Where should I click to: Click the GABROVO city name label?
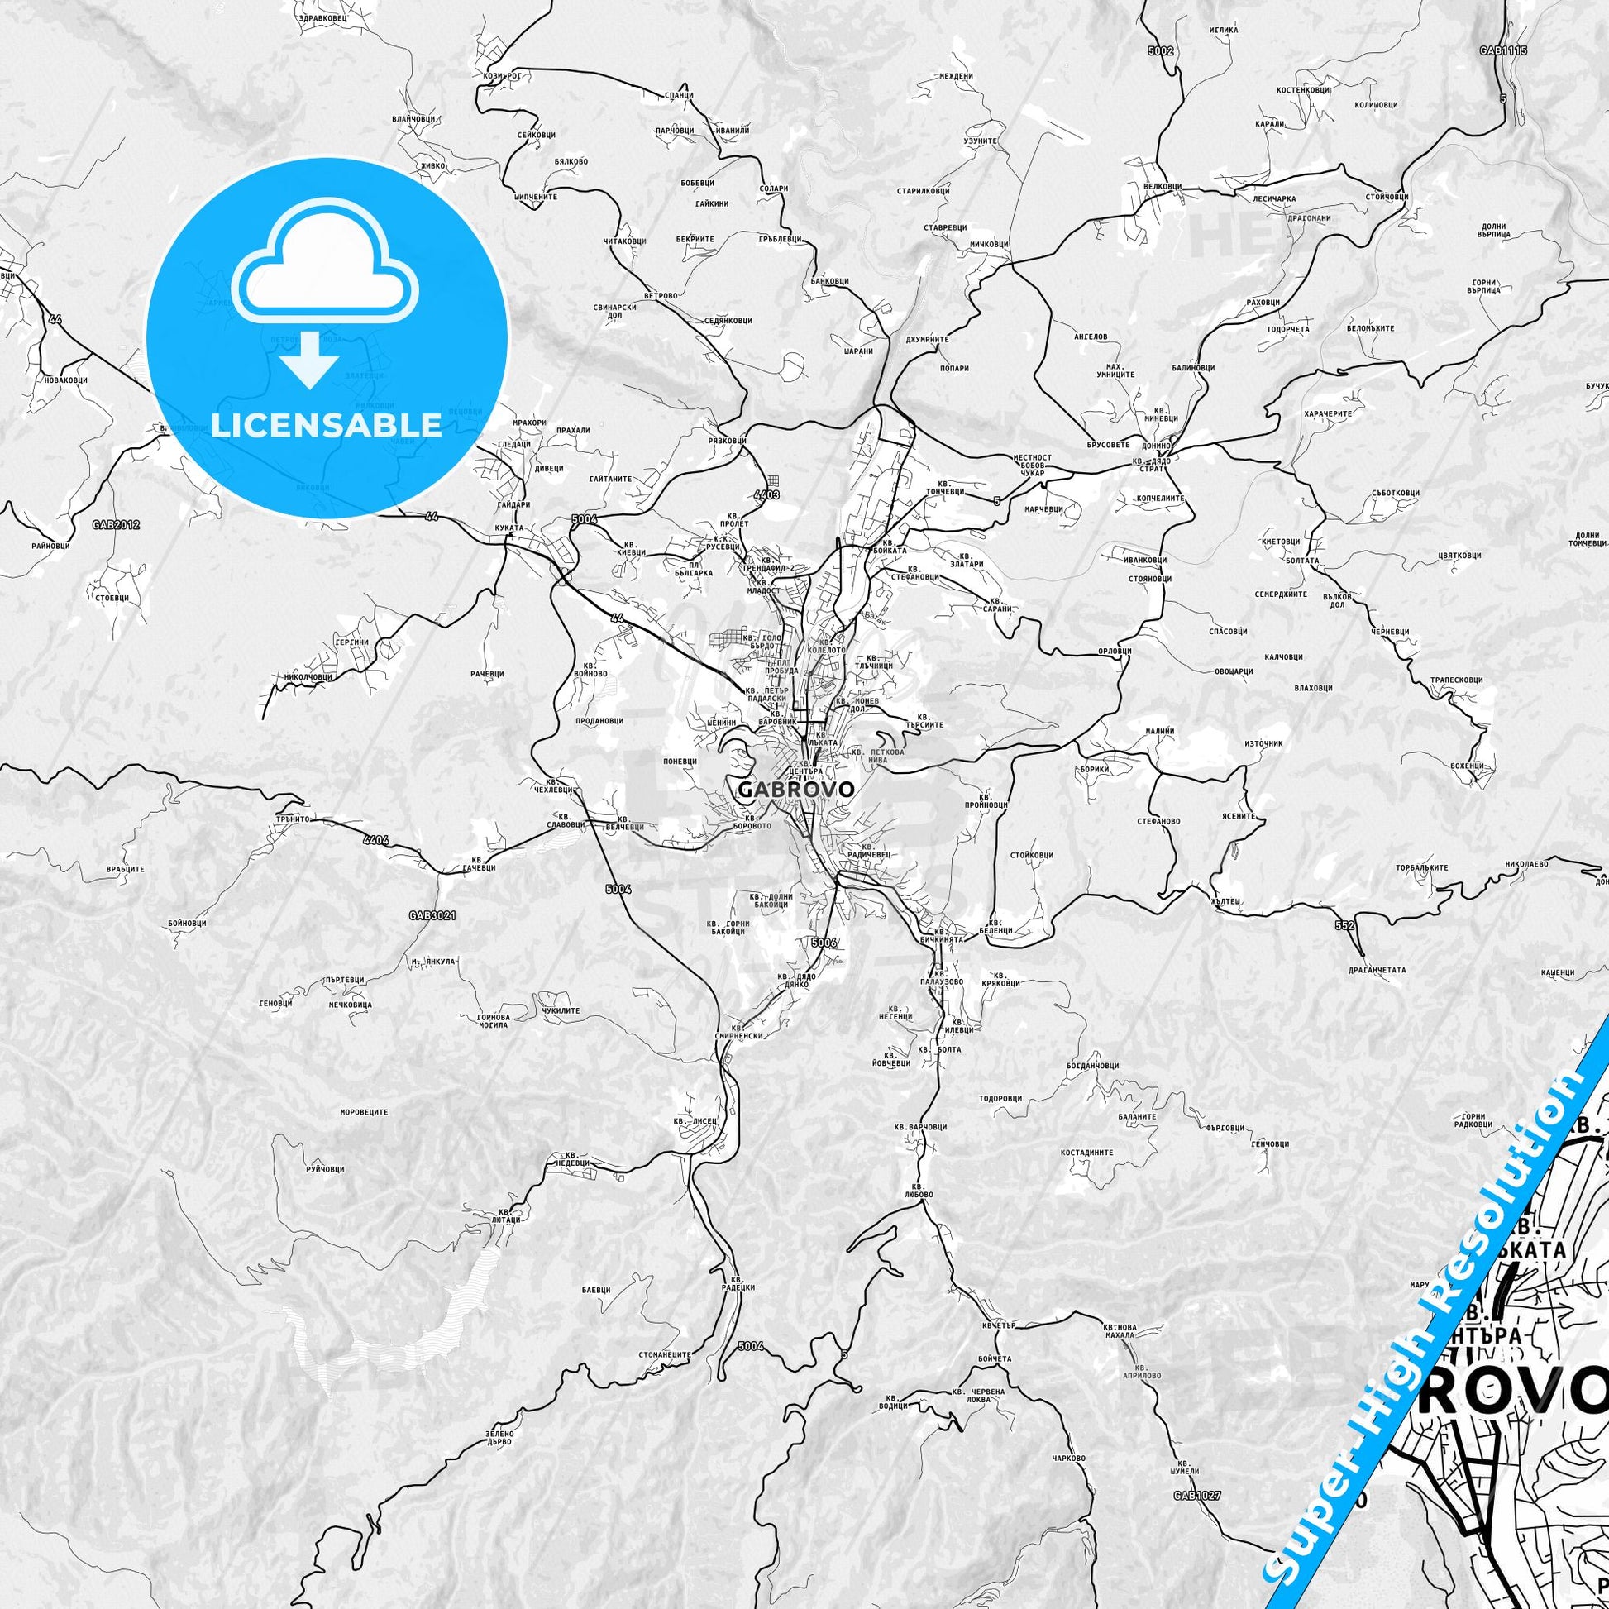point(795,789)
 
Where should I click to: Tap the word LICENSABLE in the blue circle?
point(327,425)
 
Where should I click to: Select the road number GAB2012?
point(116,525)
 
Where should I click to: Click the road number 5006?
point(823,943)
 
